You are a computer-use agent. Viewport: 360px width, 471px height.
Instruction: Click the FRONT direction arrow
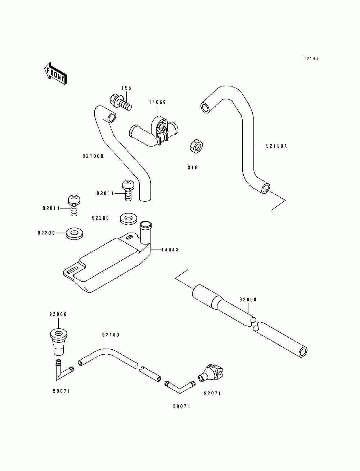(x=55, y=73)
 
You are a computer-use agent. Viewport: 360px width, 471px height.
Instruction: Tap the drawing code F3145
(x=311, y=58)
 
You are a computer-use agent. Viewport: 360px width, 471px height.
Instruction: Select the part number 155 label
(x=126, y=88)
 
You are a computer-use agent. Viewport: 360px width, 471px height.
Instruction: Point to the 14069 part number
(x=157, y=102)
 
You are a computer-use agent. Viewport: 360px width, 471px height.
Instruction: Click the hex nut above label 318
(x=196, y=146)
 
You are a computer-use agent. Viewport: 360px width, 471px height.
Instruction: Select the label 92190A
(x=276, y=146)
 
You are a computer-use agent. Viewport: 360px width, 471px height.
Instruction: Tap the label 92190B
(x=93, y=156)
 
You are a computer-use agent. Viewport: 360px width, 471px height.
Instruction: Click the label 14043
(x=170, y=250)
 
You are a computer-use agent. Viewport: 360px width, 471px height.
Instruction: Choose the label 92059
(x=248, y=300)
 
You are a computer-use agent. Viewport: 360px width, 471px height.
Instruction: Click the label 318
(x=193, y=167)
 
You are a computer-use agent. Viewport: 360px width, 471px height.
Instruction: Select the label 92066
(x=58, y=314)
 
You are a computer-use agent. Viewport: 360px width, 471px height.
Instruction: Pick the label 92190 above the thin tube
(x=111, y=335)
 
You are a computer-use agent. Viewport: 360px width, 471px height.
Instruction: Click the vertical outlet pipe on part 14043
(x=145, y=233)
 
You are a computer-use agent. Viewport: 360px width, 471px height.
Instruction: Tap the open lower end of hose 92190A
(x=265, y=189)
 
